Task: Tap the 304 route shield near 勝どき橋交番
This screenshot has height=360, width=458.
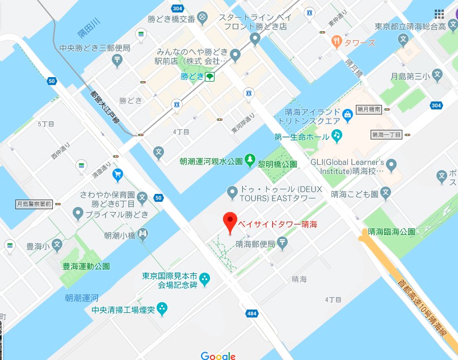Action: [x=178, y=8]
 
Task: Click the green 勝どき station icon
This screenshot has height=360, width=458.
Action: [x=210, y=76]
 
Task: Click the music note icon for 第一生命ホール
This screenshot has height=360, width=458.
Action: [x=337, y=135]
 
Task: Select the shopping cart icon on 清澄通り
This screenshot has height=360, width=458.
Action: [x=117, y=173]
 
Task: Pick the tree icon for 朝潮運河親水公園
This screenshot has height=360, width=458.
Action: [x=250, y=161]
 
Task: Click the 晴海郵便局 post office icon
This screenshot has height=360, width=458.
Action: [x=283, y=243]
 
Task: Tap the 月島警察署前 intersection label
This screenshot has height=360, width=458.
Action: [x=33, y=204]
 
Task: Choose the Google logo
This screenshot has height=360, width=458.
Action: [x=218, y=355]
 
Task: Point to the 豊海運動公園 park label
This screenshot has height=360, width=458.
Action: [x=87, y=266]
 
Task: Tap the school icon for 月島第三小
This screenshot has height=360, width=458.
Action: [x=437, y=74]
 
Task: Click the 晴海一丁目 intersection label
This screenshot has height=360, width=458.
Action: [x=386, y=135]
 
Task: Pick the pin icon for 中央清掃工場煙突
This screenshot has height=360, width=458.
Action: [x=162, y=309]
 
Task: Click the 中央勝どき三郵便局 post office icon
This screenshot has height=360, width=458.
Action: [x=117, y=61]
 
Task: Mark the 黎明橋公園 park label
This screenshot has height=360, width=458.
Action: [x=278, y=164]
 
